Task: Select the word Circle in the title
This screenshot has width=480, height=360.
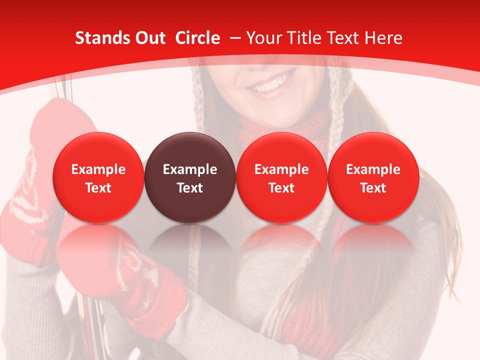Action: (197, 38)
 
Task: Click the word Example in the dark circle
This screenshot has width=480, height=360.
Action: (190, 169)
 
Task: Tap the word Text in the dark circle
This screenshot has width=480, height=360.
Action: (190, 188)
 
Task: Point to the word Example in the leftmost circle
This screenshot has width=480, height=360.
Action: (98, 169)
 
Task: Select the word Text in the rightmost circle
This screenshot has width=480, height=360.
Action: (373, 188)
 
